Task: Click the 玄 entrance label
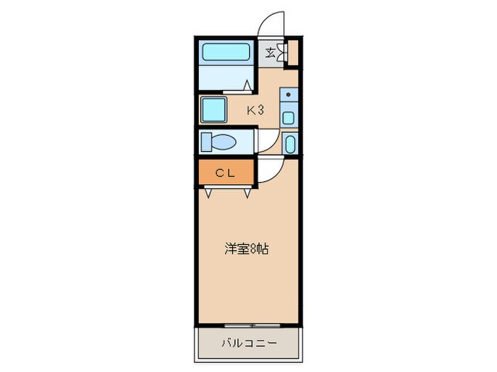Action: coord(271,51)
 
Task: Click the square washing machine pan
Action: coord(212,111)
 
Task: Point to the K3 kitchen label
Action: coord(255,110)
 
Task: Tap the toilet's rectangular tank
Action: coord(207,142)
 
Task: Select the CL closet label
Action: coord(225,171)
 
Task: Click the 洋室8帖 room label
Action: coord(246,249)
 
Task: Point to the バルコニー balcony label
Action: coord(248,343)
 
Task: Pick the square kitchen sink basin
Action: coord(288,118)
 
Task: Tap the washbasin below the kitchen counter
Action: coord(289,144)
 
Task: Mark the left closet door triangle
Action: coord(210,191)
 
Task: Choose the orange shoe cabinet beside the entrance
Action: coord(290,52)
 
